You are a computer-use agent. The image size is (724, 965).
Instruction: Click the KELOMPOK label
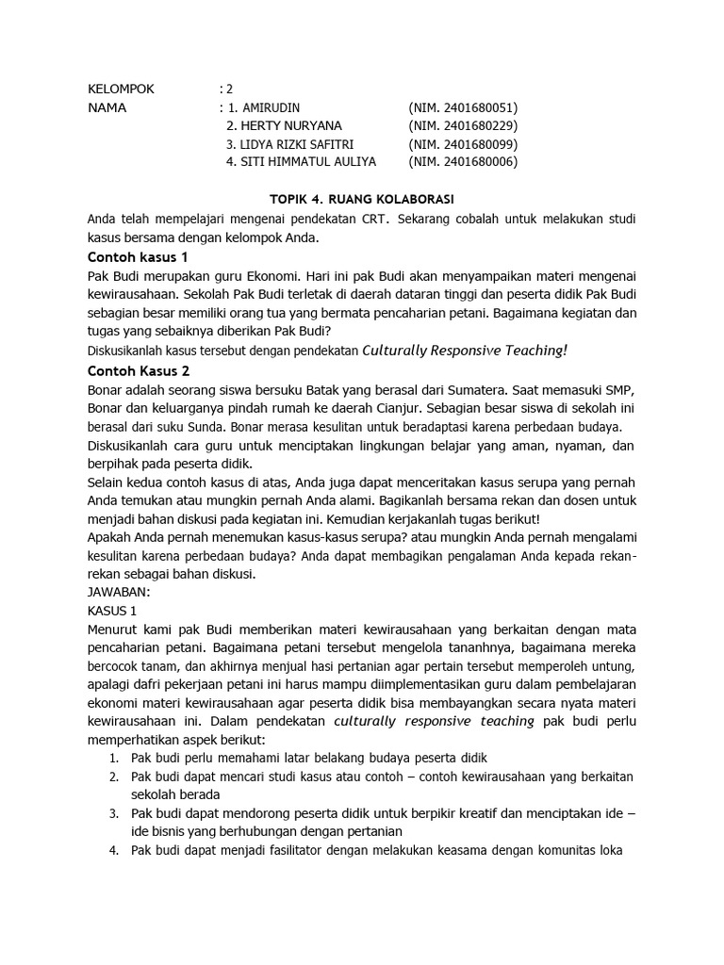121,90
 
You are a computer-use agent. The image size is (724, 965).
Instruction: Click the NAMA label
107,107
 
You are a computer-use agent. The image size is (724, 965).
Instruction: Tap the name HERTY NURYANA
291,125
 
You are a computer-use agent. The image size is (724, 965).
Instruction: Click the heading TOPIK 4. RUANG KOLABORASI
362,200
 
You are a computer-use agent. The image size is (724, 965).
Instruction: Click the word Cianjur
423,408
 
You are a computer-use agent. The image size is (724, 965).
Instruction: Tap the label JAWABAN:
119,593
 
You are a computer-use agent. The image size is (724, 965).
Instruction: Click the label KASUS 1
112,611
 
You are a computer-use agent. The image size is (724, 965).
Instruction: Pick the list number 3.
112,813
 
